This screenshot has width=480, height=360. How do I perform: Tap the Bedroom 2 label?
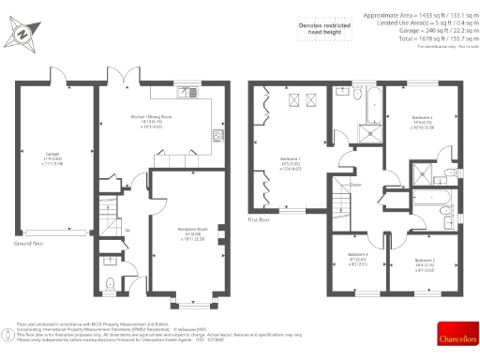coord(426,264)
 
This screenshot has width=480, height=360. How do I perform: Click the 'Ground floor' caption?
coord(30,241)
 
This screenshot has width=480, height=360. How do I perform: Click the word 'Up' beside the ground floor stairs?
coord(127,230)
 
